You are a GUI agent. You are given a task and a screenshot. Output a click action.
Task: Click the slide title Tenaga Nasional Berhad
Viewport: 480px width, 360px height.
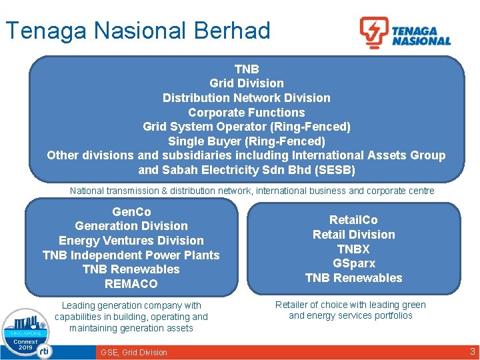(x=137, y=31)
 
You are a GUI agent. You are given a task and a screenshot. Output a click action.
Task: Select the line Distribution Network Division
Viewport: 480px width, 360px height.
(x=246, y=98)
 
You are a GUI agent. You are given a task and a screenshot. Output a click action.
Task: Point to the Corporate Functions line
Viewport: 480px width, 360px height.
(x=246, y=113)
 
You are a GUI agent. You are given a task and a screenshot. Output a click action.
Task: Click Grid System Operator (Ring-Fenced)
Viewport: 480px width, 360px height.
(x=246, y=127)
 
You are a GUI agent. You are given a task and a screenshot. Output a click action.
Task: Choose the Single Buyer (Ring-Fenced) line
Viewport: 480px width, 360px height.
(x=246, y=141)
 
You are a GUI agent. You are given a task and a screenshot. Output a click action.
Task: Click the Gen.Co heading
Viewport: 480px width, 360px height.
(x=131, y=212)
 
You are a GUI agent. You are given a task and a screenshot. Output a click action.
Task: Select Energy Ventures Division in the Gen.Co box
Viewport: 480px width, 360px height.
(x=131, y=241)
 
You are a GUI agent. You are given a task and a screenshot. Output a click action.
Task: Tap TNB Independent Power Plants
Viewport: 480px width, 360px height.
(x=131, y=255)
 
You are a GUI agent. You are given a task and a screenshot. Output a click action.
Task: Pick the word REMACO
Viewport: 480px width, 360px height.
(x=131, y=284)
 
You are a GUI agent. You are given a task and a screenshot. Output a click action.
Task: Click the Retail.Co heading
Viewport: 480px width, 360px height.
(x=353, y=220)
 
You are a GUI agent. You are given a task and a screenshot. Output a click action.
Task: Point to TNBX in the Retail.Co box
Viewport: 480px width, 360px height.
(x=353, y=249)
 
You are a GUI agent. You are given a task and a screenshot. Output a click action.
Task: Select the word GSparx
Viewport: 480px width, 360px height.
(x=353, y=263)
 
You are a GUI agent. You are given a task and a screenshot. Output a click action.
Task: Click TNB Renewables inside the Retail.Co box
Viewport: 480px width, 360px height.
(x=353, y=278)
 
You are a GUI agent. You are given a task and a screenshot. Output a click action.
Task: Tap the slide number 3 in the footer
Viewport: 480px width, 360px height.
(x=472, y=351)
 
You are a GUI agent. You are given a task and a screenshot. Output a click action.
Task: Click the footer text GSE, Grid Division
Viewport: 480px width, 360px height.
(x=134, y=353)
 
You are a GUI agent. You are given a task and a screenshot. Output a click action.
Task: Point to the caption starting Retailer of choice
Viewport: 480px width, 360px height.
(x=351, y=310)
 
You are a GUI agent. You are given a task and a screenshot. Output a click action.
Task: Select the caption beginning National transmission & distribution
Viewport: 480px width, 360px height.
(x=252, y=191)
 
